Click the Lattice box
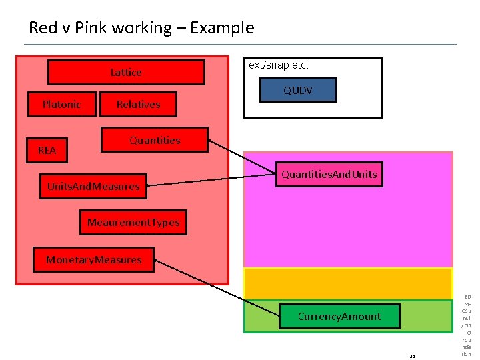click(126, 73)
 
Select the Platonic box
click(61, 105)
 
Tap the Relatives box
click(138, 105)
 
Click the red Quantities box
click(154, 141)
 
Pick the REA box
click(47, 151)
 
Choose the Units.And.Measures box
click(93, 187)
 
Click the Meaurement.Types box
click(133, 223)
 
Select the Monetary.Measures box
click(93, 260)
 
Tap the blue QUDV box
click(297, 90)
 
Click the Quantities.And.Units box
click(329, 175)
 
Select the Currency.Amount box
click(339, 317)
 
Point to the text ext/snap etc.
click(279, 66)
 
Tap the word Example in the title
click(222, 28)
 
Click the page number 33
click(412, 356)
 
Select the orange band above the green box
click(347, 284)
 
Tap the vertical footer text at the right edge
click(467, 325)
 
